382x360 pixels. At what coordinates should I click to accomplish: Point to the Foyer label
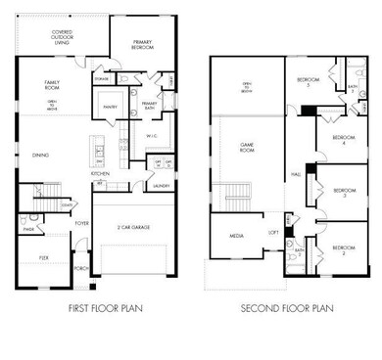pyautogui.click(x=82, y=222)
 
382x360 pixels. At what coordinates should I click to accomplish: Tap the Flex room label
pyautogui.click(x=45, y=257)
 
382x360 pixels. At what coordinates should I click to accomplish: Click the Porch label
pyautogui.click(x=81, y=267)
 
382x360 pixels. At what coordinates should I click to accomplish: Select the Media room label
pyautogui.click(x=236, y=235)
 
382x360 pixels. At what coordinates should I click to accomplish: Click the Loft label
pyautogui.click(x=274, y=233)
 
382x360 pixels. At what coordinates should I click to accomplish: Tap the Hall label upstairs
pyautogui.click(x=295, y=174)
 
